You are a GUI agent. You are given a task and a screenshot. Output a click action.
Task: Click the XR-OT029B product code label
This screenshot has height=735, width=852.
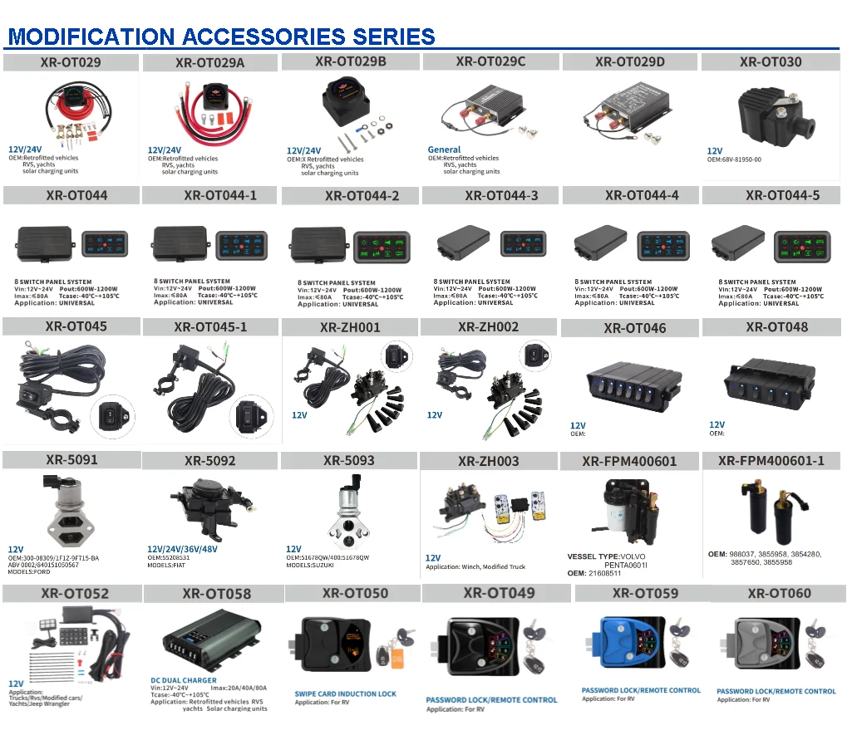[x=350, y=61]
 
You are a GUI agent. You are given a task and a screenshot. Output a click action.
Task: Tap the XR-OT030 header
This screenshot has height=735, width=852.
[x=771, y=61]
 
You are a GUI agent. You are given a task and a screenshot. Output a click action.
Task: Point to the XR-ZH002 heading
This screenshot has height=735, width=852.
[x=488, y=327]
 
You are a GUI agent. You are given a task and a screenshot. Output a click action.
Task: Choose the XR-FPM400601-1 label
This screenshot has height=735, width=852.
[x=771, y=461]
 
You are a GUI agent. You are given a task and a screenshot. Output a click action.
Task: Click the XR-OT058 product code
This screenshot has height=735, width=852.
[x=216, y=594]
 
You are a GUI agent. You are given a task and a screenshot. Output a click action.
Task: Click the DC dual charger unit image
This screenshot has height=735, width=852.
[x=207, y=640]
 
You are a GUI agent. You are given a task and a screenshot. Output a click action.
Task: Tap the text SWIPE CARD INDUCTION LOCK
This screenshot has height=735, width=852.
[x=345, y=693]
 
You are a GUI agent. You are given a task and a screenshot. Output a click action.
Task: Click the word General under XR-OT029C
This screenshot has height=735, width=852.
[x=444, y=149]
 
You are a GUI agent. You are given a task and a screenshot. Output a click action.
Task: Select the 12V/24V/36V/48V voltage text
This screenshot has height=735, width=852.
[x=184, y=549]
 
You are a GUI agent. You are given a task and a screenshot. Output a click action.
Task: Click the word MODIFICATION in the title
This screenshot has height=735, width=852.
[x=91, y=37]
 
